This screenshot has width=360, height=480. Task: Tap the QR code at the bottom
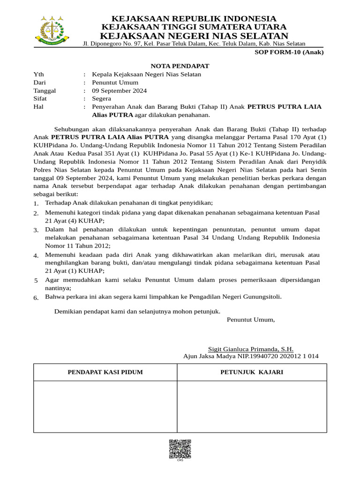180,449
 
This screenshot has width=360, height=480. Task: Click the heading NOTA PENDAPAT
180,66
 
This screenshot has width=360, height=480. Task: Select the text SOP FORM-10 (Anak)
289,52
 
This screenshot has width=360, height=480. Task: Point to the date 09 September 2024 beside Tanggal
120,90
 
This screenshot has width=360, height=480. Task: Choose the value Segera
102,98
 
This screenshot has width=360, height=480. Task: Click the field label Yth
38,74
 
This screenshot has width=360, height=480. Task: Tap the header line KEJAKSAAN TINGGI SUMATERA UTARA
194,27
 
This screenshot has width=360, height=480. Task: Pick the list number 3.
36,230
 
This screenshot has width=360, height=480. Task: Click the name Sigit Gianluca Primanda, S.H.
251,349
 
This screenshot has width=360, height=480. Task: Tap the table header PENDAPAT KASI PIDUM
105,372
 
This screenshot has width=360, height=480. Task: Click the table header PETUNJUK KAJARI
252,372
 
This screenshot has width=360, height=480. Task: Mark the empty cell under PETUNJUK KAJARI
252,406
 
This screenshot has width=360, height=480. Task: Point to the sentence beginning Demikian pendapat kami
137,311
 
